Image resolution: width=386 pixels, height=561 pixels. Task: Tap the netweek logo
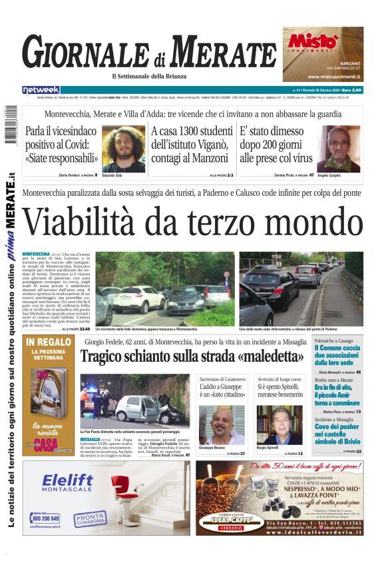[41, 90]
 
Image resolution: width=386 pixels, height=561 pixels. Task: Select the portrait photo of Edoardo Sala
[123, 148]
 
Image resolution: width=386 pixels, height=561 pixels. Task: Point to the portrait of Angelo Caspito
[338, 149]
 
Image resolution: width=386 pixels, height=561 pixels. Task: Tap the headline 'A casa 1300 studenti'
[192, 131]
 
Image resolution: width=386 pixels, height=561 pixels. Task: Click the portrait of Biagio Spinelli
[279, 424]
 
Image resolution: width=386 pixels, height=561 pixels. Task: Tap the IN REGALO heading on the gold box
[49, 342]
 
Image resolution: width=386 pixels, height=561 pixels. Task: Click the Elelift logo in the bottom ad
[69, 482]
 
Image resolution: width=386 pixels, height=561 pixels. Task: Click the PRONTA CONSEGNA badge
[90, 518]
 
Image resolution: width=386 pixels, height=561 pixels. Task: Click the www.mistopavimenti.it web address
[323, 77]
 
